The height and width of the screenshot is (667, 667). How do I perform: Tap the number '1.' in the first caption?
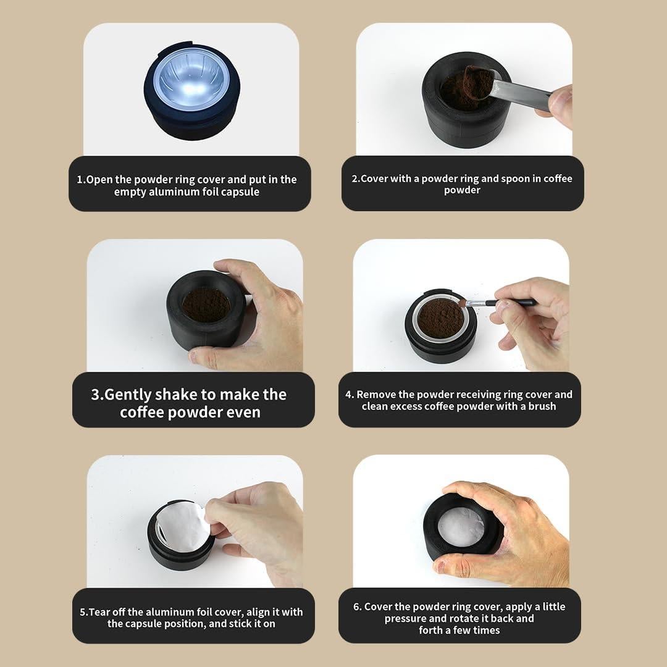click(x=81, y=180)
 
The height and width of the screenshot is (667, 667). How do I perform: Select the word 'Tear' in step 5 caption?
click(x=99, y=612)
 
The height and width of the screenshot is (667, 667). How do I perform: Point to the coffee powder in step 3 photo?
click(x=206, y=304)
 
